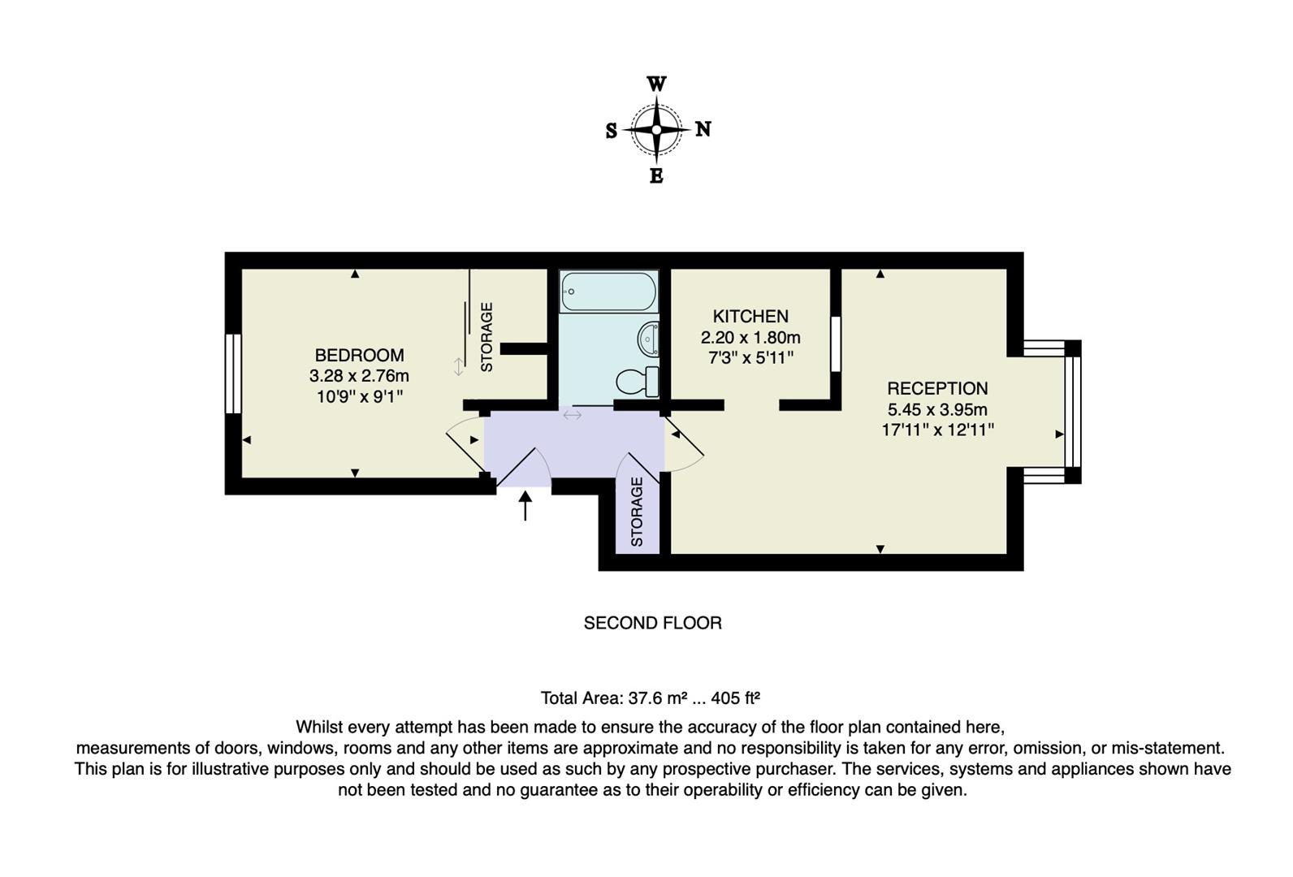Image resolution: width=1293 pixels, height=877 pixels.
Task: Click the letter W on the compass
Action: coord(656,84)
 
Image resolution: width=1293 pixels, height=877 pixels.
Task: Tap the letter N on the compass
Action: coord(703,129)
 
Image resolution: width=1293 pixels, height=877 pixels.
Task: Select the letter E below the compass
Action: coord(656,175)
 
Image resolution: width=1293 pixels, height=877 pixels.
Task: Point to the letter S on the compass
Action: coord(611,131)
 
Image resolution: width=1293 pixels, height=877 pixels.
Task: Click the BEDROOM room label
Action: coord(359,355)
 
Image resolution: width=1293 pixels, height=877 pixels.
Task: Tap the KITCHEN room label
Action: coord(750,316)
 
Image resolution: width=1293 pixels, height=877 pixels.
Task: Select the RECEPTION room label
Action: coord(936,388)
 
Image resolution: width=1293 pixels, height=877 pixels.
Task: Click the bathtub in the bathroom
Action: coord(608,292)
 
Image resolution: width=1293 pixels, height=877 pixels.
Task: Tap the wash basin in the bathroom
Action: coord(649,339)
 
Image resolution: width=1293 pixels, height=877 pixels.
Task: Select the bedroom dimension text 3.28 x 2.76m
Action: coord(359,376)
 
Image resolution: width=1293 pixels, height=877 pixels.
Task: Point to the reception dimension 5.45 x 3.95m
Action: coord(937,409)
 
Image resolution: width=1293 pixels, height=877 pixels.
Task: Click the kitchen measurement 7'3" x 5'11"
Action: coord(750,357)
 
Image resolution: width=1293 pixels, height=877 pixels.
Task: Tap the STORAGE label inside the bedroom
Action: coord(487,337)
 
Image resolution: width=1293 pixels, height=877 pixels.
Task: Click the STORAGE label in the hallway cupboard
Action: coord(637,512)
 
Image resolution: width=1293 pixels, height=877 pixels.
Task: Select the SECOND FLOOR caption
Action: coord(652,623)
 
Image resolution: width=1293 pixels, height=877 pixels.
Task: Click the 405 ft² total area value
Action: coord(735,698)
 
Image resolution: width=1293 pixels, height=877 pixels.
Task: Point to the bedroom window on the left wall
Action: coord(233,374)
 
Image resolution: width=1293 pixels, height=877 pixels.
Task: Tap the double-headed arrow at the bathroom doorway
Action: coord(573,415)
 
